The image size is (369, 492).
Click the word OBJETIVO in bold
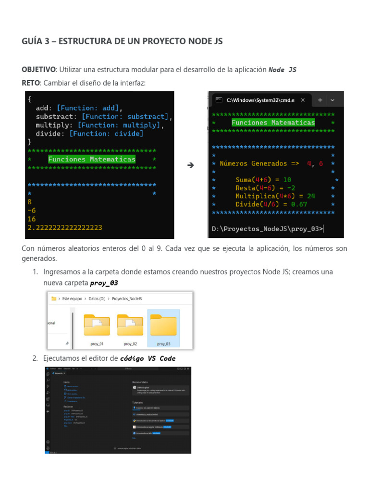39,70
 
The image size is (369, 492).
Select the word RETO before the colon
31,83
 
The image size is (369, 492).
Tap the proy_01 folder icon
97,325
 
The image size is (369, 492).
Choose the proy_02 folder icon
130,325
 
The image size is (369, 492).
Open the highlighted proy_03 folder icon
163,325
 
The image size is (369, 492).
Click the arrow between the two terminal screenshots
190,165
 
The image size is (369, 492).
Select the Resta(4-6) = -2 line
265,188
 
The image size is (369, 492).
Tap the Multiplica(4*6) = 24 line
275,196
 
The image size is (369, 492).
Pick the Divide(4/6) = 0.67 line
271,204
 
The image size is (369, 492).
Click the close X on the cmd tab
303,100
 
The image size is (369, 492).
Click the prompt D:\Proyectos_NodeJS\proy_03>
267,229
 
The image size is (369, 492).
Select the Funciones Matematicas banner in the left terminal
92,159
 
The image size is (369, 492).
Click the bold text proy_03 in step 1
104,283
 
